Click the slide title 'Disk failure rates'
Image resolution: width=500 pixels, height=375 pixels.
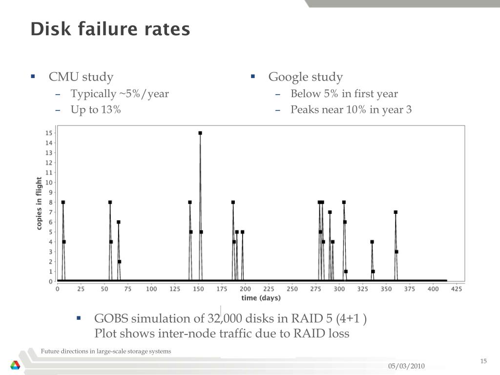point(110,29)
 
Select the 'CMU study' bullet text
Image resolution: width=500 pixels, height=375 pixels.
point(81,77)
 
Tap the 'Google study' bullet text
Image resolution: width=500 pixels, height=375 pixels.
point(306,77)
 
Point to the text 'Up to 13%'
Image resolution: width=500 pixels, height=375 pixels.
point(96,109)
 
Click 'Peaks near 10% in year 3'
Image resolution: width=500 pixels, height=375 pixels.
point(351,109)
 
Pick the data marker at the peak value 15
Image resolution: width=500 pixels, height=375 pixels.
point(200,133)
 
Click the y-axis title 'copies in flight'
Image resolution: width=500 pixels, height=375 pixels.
point(39,203)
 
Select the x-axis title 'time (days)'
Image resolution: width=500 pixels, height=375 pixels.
point(261,298)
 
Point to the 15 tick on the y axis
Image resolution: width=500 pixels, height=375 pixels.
point(49,133)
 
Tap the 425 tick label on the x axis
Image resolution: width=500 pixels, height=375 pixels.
point(457,289)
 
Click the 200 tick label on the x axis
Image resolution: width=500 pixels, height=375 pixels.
point(245,289)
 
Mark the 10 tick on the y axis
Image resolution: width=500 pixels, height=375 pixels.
point(49,183)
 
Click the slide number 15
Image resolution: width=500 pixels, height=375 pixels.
point(483,361)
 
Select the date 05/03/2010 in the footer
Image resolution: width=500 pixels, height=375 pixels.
point(406,366)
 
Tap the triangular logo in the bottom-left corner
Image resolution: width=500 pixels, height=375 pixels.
point(16,365)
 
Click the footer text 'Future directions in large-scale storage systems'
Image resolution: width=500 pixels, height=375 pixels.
point(106,351)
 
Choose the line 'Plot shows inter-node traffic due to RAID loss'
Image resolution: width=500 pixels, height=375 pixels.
point(222,334)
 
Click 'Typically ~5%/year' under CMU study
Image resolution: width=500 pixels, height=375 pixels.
point(120,94)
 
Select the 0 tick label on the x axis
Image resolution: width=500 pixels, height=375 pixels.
point(57,289)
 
